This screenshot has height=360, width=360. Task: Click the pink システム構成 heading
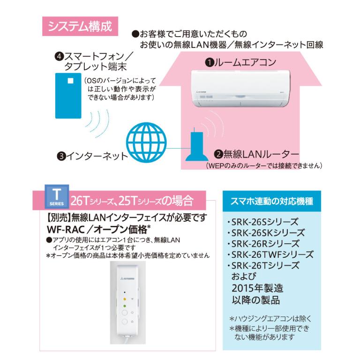[80, 26]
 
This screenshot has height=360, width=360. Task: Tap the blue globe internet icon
[146, 142]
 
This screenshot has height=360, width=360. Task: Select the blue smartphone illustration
[68, 96]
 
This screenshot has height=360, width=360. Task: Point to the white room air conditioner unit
[240, 89]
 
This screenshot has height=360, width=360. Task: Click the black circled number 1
[210, 63]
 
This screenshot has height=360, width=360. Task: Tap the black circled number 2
[218, 154]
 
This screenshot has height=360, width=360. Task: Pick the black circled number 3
[61, 157]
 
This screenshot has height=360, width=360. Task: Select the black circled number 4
[59, 56]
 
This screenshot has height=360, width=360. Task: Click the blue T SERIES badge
[57, 197]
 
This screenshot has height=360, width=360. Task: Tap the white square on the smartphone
[70, 81]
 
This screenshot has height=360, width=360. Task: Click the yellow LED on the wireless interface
[125, 299]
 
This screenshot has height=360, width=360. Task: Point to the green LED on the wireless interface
[125, 306]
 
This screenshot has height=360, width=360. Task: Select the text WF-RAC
[66, 229]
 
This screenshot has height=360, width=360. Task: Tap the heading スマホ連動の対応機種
[272, 202]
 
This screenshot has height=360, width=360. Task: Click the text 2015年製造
[257, 288]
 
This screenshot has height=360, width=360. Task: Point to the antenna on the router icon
[194, 130]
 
